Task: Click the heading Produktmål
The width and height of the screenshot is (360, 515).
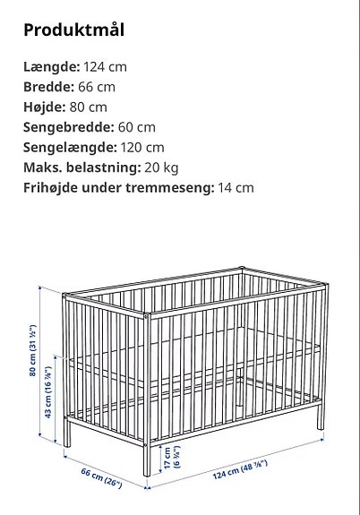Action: tap(73, 30)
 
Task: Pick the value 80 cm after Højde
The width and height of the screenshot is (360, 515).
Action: tap(89, 107)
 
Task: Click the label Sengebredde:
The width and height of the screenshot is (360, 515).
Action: tap(68, 128)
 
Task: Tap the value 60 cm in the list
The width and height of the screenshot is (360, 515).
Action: tap(137, 128)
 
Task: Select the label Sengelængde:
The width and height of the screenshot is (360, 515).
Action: tap(69, 148)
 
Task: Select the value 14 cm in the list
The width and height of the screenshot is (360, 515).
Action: tap(236, 188)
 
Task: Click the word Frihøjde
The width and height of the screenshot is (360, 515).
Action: tap(53, 188)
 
